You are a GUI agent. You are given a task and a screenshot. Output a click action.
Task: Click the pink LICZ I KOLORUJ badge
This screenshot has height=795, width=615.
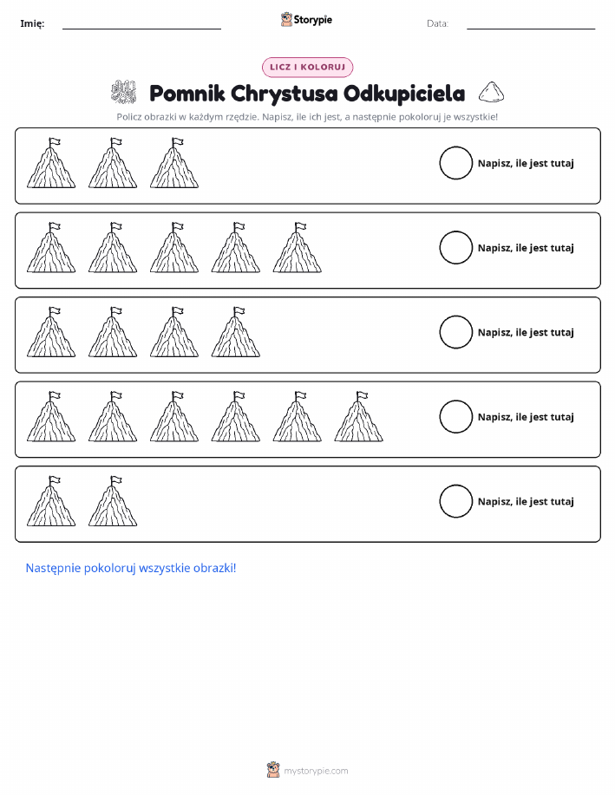[307, 67]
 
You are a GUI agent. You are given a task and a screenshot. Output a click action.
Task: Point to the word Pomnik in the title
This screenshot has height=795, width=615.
[187, 94]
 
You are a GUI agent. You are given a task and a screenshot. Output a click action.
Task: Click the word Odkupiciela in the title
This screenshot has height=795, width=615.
[404, 94]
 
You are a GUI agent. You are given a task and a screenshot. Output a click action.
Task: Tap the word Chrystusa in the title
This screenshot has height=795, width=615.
[285, 94]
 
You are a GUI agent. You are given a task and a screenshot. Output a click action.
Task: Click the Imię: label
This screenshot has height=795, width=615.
[32, 23]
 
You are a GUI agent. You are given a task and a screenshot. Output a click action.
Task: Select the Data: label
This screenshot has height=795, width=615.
[437, 23]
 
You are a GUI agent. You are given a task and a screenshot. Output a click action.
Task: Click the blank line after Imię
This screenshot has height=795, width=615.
[141, 29]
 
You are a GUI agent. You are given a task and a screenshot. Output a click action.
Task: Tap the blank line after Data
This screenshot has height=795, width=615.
[531, 29]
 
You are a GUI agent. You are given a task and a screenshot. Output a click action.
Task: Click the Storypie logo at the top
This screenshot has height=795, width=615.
[306, 19]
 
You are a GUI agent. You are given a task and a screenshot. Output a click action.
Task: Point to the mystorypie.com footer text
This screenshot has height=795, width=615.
[316, 771]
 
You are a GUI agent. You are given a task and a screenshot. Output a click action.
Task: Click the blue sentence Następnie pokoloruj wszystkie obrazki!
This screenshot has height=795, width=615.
[131, 568]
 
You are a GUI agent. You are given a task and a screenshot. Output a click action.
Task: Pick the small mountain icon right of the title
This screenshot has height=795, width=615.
[491, 92]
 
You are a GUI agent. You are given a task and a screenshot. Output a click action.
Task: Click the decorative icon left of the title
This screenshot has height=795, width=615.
[124, 92]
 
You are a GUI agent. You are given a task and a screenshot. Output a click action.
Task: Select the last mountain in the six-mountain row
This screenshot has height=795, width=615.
[359, 416]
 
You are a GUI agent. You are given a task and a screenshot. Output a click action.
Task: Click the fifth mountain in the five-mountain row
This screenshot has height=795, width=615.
[298, 247]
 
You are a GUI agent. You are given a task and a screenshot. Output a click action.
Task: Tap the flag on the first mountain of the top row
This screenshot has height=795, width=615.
[55, 141]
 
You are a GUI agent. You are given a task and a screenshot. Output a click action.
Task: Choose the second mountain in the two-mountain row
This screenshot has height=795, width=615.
[113, 501]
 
